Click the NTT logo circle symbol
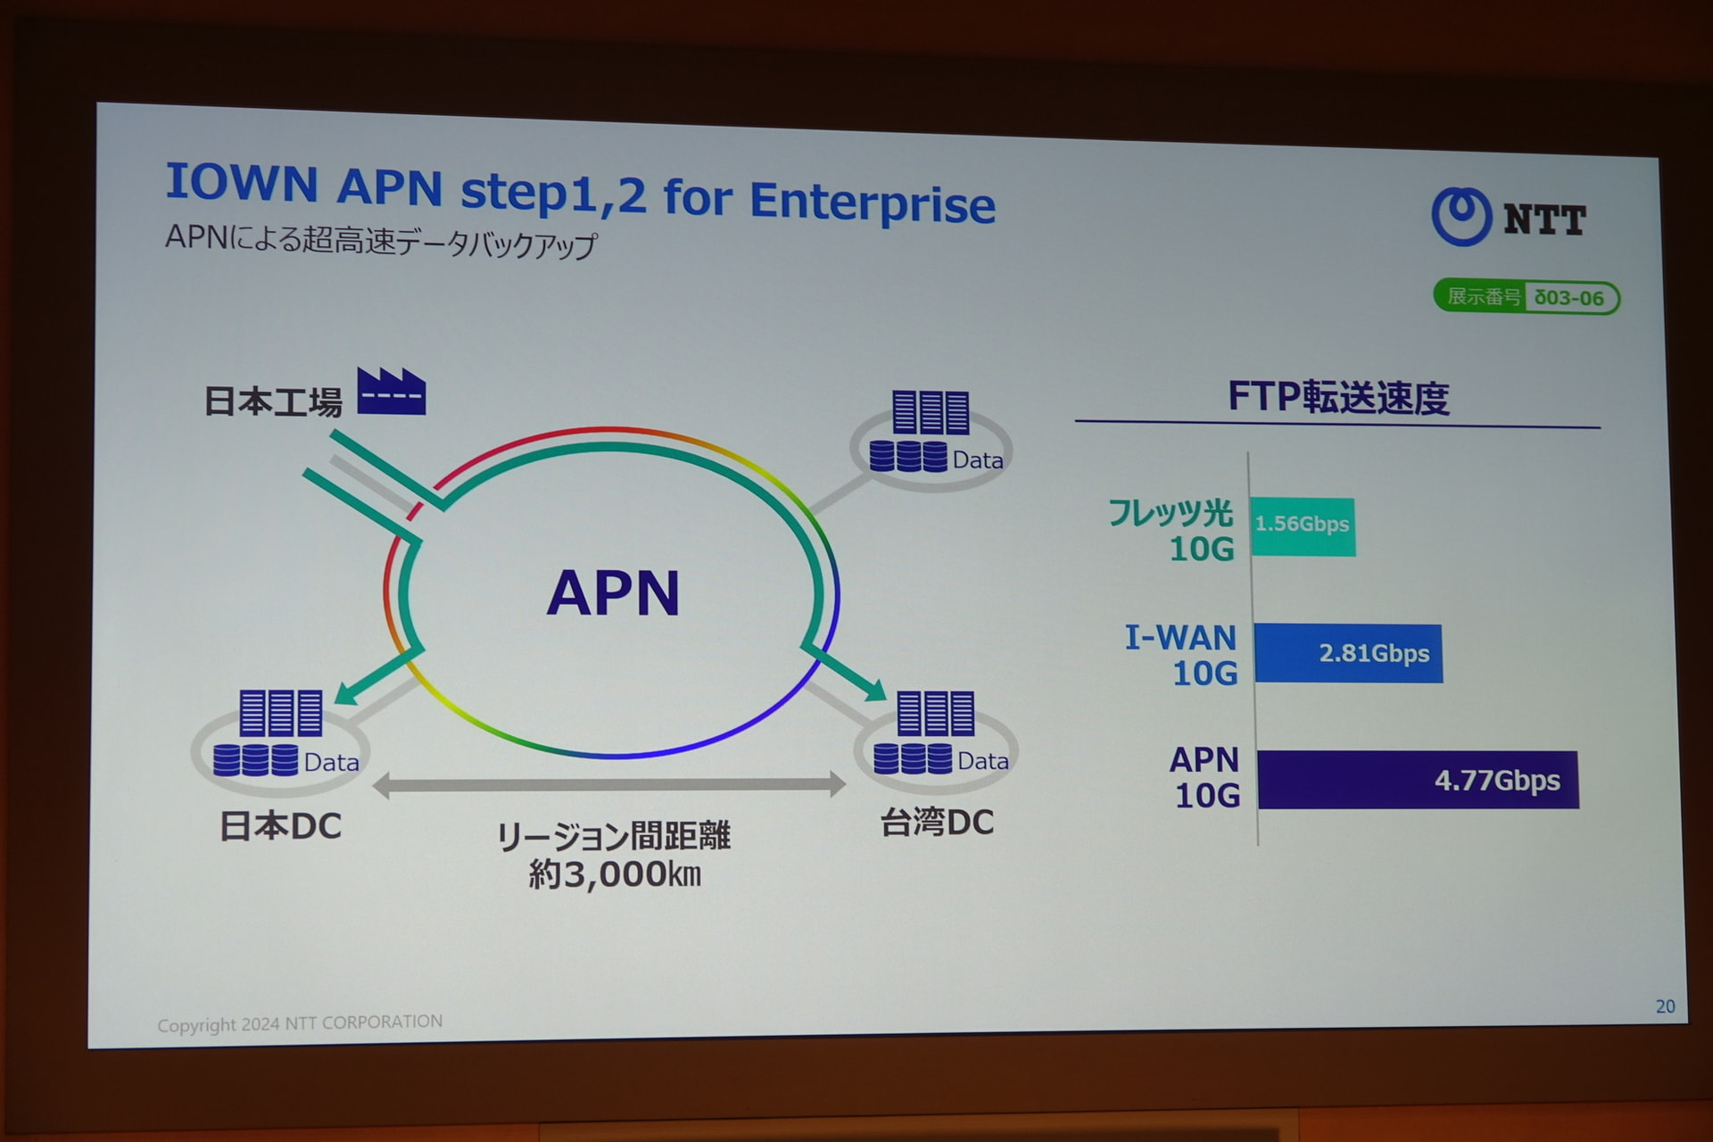pos(1461,216)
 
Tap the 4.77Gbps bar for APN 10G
pos(1417,780)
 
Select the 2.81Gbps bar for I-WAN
pos(1347,653)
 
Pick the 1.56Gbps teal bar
pos(1303,526)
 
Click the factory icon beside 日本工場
pos(391,393)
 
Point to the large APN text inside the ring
pos(613,593)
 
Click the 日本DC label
pos(280,826)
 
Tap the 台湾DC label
pos(937,822)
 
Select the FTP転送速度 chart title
pos(1337,397)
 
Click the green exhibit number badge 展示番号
pos(1526,297)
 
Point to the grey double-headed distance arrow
pos(609,785)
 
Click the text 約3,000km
pos(615,874)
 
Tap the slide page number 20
pos(1665,1006)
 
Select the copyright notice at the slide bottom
pos(300,1022)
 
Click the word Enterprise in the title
pos(872,203)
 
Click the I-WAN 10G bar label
pos(1181,655)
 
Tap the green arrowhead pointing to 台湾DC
pos(875,689)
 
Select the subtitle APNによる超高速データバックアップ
pos(381,241)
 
